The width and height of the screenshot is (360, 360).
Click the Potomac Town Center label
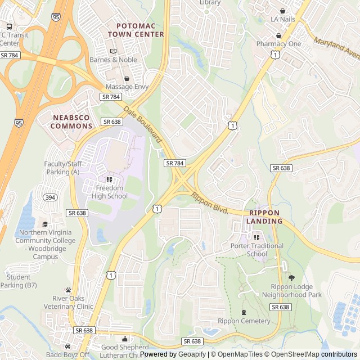tap(140, 30)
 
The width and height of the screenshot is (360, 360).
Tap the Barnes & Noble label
tap(113, 60)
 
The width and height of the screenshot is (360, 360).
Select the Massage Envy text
tap(127, 87)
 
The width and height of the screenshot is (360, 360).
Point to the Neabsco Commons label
tap(71, 121)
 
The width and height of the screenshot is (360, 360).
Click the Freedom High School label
tap(111, 192)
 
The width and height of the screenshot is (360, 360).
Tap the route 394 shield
tap(51, 197)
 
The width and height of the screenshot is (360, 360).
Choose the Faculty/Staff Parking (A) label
tap(63, 168)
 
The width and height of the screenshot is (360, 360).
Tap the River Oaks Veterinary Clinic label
tap(73, 302)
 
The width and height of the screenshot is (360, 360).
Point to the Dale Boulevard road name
tap(143, 124)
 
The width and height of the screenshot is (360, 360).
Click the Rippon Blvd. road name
tap(209, 202)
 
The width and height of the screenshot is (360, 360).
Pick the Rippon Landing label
tap(264, 217)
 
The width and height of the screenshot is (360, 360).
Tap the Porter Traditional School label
tap(257, 250)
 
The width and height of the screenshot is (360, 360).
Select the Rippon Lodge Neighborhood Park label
tap(296, 290)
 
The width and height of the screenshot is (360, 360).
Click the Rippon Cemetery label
tap(244, 321)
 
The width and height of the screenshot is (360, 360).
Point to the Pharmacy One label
tap(278, 44)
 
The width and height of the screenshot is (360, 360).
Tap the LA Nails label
tap(282, 19)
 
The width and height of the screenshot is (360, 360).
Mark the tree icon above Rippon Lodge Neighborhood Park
tap(291, 278)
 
